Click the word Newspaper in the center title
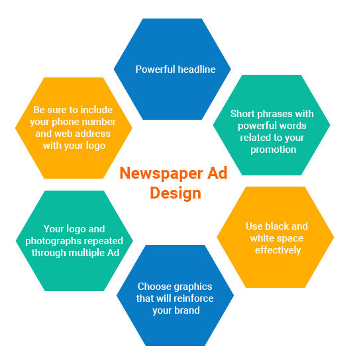click(161, 174)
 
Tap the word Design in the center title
click(176, 193)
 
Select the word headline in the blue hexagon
click(197, 69)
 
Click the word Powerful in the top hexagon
click(156, 69)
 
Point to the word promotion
click(274, 150)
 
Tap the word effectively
click(278, 250)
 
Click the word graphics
click(193, 287)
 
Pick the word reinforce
click(194, 298)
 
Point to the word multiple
click(87, 253)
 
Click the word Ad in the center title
click(217, 173)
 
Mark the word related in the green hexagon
click(254, 138)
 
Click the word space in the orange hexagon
click(290, 238)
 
